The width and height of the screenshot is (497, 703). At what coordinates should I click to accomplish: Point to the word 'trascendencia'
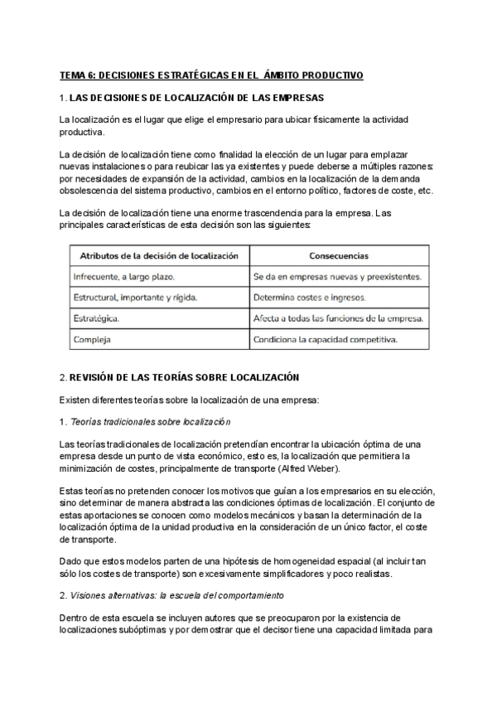293,214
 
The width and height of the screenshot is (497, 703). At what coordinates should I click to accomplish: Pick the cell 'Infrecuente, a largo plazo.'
124,276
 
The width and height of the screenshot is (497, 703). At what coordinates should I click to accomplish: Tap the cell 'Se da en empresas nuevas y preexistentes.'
337,276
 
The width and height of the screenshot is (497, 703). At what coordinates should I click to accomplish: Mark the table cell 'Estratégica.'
96,318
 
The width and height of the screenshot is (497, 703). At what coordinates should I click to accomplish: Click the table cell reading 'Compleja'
91,339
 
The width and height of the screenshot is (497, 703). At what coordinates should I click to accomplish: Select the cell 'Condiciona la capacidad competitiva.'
326,339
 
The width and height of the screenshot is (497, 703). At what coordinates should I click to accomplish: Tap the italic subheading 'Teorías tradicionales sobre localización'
153,422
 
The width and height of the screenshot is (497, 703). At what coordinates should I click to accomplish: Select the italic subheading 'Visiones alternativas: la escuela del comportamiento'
177,596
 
